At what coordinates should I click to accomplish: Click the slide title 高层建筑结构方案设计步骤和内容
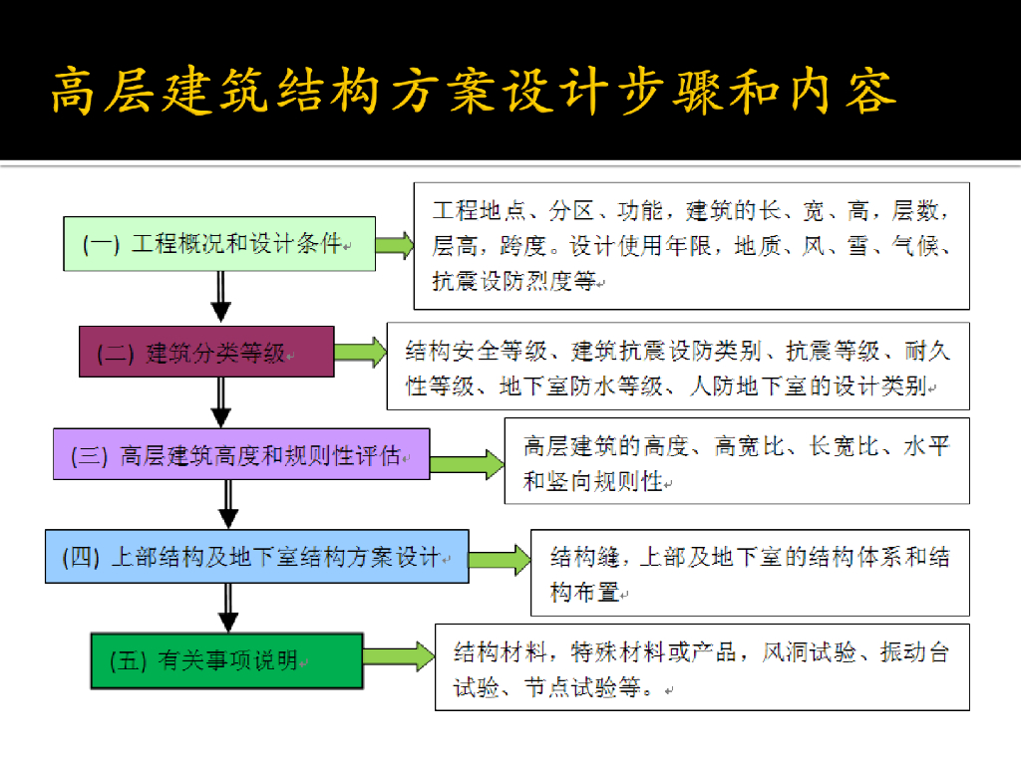pos(475,91)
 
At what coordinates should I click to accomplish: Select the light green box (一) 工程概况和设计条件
pos(219,244)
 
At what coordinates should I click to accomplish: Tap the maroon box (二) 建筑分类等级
pos(206,352)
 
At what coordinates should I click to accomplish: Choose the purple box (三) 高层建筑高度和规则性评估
pos(241,454)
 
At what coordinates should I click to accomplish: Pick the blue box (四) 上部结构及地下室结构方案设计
pos(256,557)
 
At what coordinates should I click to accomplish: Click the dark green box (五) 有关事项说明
pos(226,660)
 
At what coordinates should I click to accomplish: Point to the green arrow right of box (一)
pos(394,245)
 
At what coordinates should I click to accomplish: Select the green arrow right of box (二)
pos(360,352)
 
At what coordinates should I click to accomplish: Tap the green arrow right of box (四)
pos(500,560)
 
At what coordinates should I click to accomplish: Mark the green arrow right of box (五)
pos(398,655)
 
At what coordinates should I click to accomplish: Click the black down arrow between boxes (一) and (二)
pos(221,298)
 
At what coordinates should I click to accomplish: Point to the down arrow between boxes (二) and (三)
pos(221,402)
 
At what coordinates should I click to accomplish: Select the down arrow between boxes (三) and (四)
pos(228,504)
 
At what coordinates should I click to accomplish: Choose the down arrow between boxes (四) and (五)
pos(228,607)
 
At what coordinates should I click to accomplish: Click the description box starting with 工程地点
pos(691,246)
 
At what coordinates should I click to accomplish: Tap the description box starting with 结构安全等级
pos(678,368)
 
